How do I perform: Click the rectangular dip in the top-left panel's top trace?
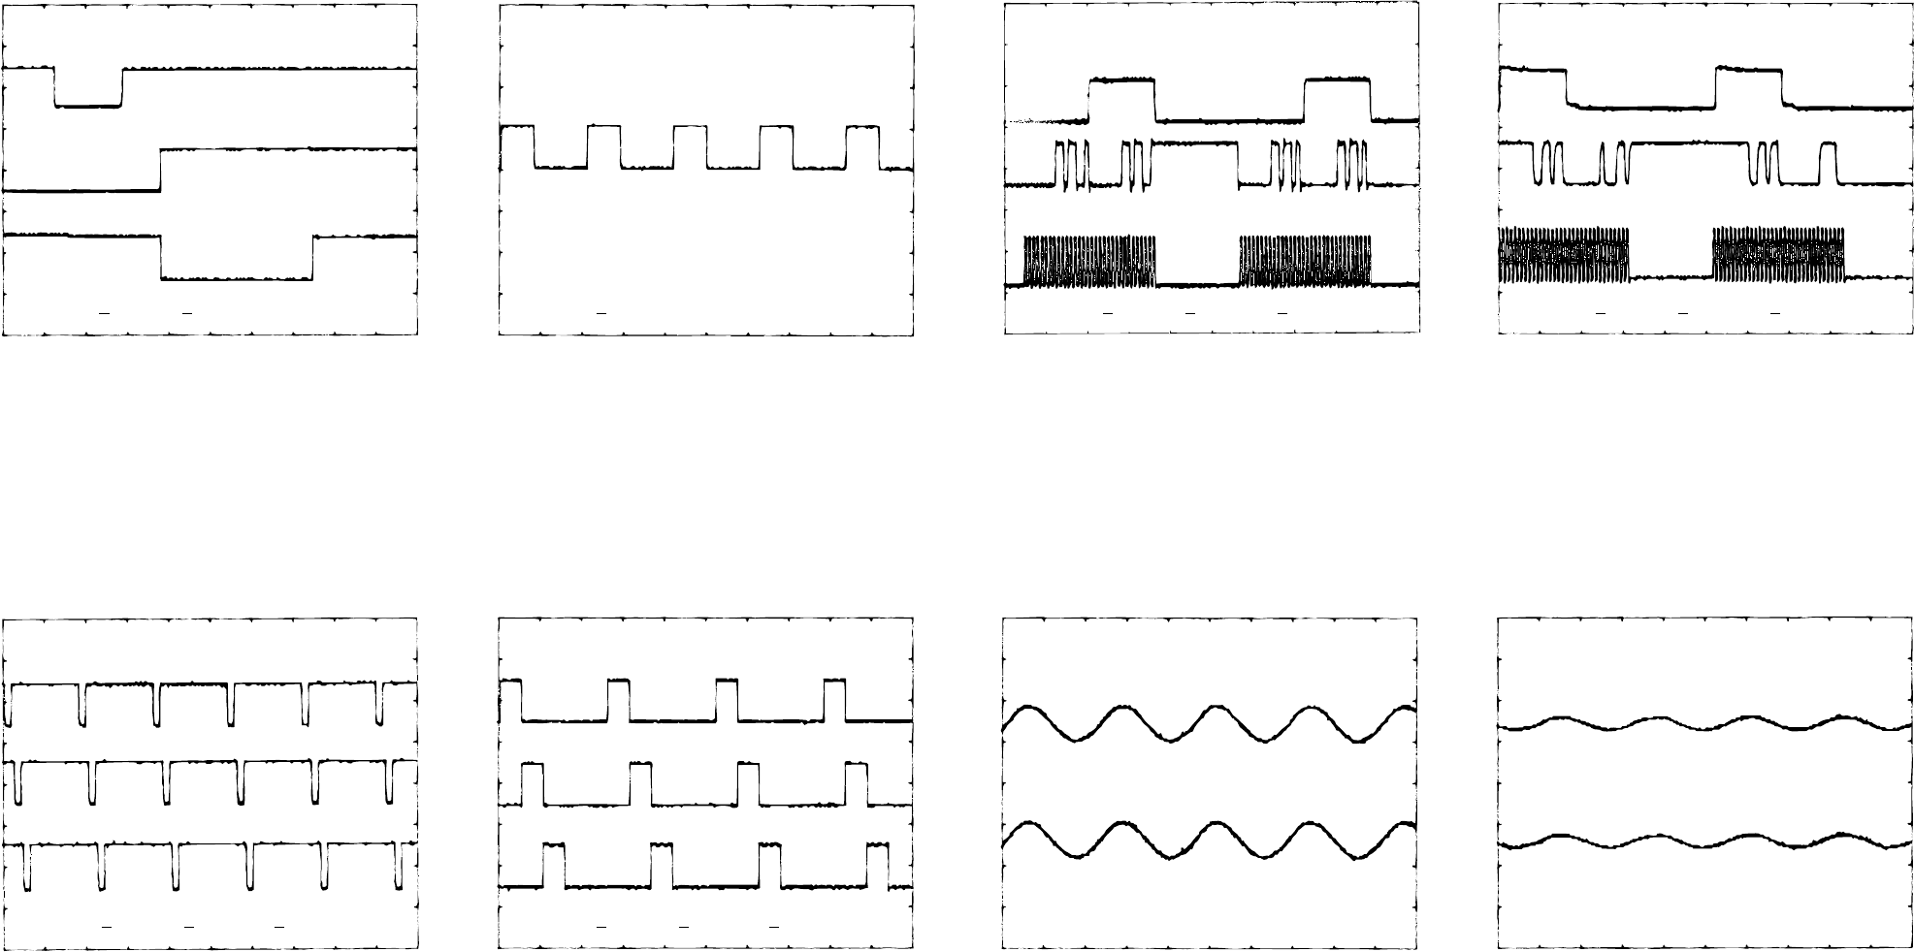pos(88,105)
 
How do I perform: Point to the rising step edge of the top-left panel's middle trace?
pos(160,170)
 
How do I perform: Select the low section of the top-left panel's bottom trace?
pos(237,278)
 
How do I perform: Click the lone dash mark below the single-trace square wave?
pos(600,314)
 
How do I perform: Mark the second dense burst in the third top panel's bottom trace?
pos(1306,262)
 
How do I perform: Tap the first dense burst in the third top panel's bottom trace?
pos(1090,262)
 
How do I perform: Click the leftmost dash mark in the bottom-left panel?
pos(107,926)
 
